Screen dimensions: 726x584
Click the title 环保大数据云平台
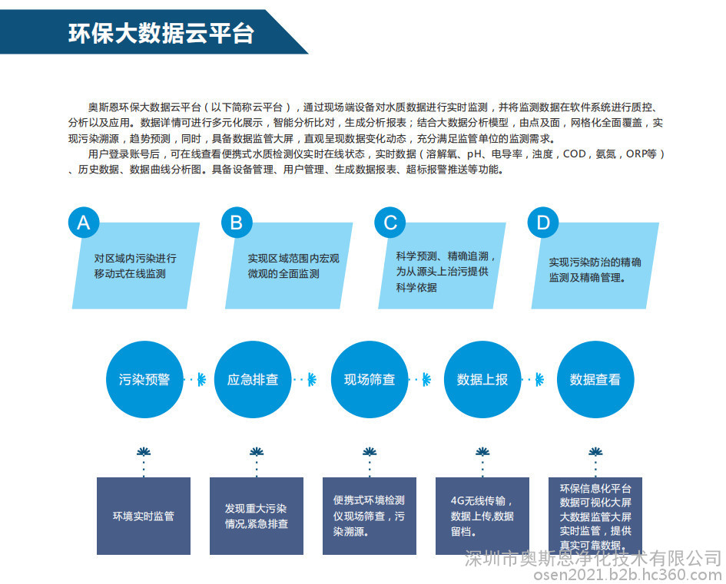pyautogui.click(x=161, y=33)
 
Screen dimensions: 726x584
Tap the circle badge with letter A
pyautogui.click(x=84, y=223)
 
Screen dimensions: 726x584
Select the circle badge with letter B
pyautogui.click(x=237, y=223)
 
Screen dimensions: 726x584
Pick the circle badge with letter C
pyautogui.click(x=390, y=223)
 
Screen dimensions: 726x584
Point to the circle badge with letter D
pyautogui.click(x=543, y=223)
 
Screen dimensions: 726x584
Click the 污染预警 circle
pyautogui.click(x=144, y=380)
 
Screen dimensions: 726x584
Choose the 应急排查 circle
pyautogui.click(x=253, y=380)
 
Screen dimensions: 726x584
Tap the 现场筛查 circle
pyautogui.click(x=370, y=380)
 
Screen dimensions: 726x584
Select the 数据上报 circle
pyautogui.click(x=482, y=380)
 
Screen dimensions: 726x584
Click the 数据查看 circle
pyautogui.click(x=595, y=380)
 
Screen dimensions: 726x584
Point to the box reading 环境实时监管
pyautogui.click(x=144, y=516)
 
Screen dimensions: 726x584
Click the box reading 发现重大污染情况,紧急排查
pyautogui.click(x=257, y=516)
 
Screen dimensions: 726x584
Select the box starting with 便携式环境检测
pyautogui.click(x=370, y=516)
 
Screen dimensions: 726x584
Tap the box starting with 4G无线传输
pyautogui.click(x=482, y=516)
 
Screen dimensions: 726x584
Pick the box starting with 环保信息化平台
pyautogui.click(x=595, y=516)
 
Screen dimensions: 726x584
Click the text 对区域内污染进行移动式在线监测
pyautogui.click(x=135, y=266)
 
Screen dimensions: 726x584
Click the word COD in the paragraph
pyautogui.click(x=575, y=154)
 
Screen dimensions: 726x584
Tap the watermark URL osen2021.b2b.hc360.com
pyautogui.click(x=628, y=575)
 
